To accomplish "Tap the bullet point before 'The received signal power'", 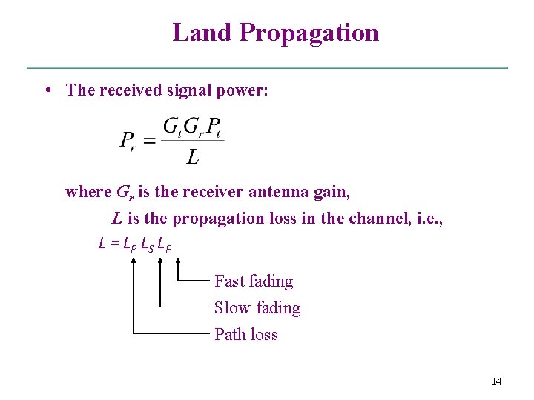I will (47, 90).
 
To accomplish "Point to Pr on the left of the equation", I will (127, 140).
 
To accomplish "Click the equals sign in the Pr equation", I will (148, 140).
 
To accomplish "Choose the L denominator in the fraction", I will (192, 156).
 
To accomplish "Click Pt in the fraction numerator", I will (214, 127).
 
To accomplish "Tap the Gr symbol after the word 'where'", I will (125, 193).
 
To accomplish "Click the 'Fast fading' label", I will (254, 281).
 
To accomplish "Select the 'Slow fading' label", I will (257, 308).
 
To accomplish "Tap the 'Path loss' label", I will (245, 335).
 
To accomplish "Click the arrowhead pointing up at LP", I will (133, 260).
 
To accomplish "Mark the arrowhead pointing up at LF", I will (179, 260).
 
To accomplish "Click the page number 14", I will (496, 381).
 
